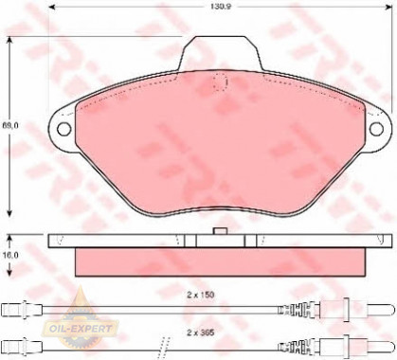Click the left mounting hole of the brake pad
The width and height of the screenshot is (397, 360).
point(65,130)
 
